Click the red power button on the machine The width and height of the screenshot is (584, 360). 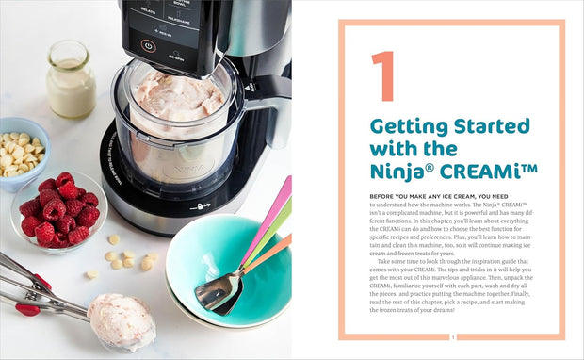click(x=148, y=45)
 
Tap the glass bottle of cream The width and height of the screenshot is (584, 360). click(x=71, y=84)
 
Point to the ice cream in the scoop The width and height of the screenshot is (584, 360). click(x=121, y=319)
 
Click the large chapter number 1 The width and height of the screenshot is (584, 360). click(x=382, y=77)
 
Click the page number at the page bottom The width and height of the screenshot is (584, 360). click(x=453, y=337)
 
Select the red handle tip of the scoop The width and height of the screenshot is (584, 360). click(x=27, y=309)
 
